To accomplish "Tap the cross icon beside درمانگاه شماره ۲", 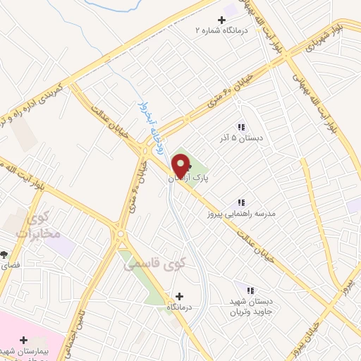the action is (222, 19).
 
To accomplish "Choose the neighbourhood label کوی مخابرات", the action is (38, 226).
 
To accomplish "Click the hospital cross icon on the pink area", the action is (24, 340).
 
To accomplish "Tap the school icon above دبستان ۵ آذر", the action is (241, 127).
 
